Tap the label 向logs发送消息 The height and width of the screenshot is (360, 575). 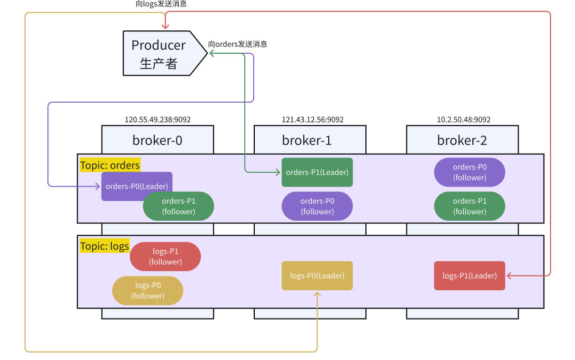pos(161,4)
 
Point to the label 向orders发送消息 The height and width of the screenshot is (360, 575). pos(238,44)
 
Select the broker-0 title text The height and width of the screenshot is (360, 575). pos(157,140)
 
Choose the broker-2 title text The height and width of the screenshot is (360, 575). pos(462,140)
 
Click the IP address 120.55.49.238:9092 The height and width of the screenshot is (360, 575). pos(157,120)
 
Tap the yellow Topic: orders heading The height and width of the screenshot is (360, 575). pos(110,165)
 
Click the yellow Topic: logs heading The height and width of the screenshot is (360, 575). pos(105,246)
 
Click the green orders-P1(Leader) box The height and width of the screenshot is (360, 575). pos(317,172)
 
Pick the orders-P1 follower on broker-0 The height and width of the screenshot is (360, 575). pos(179,206)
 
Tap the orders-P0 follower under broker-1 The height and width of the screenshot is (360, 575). pos(317,206)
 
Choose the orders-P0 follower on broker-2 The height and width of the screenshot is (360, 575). pos(470,172)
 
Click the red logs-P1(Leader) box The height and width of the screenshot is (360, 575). pos(470,275)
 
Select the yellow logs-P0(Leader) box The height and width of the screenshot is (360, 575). pos(317,275)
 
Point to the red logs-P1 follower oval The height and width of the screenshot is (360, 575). pos(165,256)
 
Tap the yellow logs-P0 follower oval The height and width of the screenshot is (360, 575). pos(148,290)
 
